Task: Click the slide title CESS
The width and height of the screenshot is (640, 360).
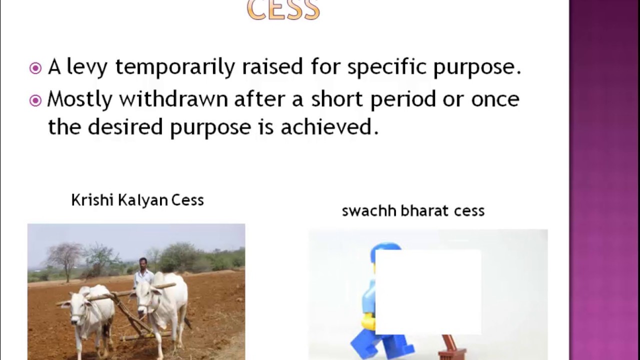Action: pos(283,10)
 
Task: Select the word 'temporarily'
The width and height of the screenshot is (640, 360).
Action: pos(174,67)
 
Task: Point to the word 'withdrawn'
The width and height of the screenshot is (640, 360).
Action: pos(173,99)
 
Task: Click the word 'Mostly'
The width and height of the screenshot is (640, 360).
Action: pos(79,99)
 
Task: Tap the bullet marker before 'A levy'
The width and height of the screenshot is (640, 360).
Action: pos(35,68)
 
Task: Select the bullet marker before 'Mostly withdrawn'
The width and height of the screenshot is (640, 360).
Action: pos(35,100)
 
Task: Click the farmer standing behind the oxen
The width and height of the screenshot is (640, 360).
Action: pos(143,272)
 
